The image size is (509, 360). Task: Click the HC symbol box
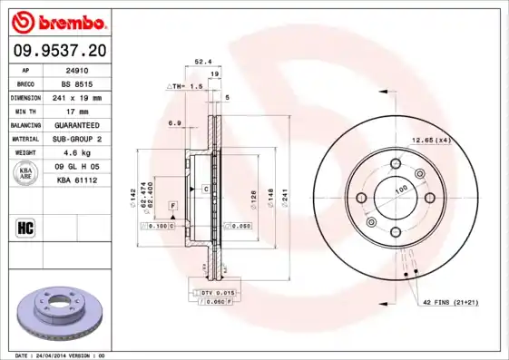[26, 227]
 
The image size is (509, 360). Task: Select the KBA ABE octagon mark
[26, 173]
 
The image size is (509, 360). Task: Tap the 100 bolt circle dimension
[400, 189]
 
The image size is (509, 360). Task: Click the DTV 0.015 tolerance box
[218, 293]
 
